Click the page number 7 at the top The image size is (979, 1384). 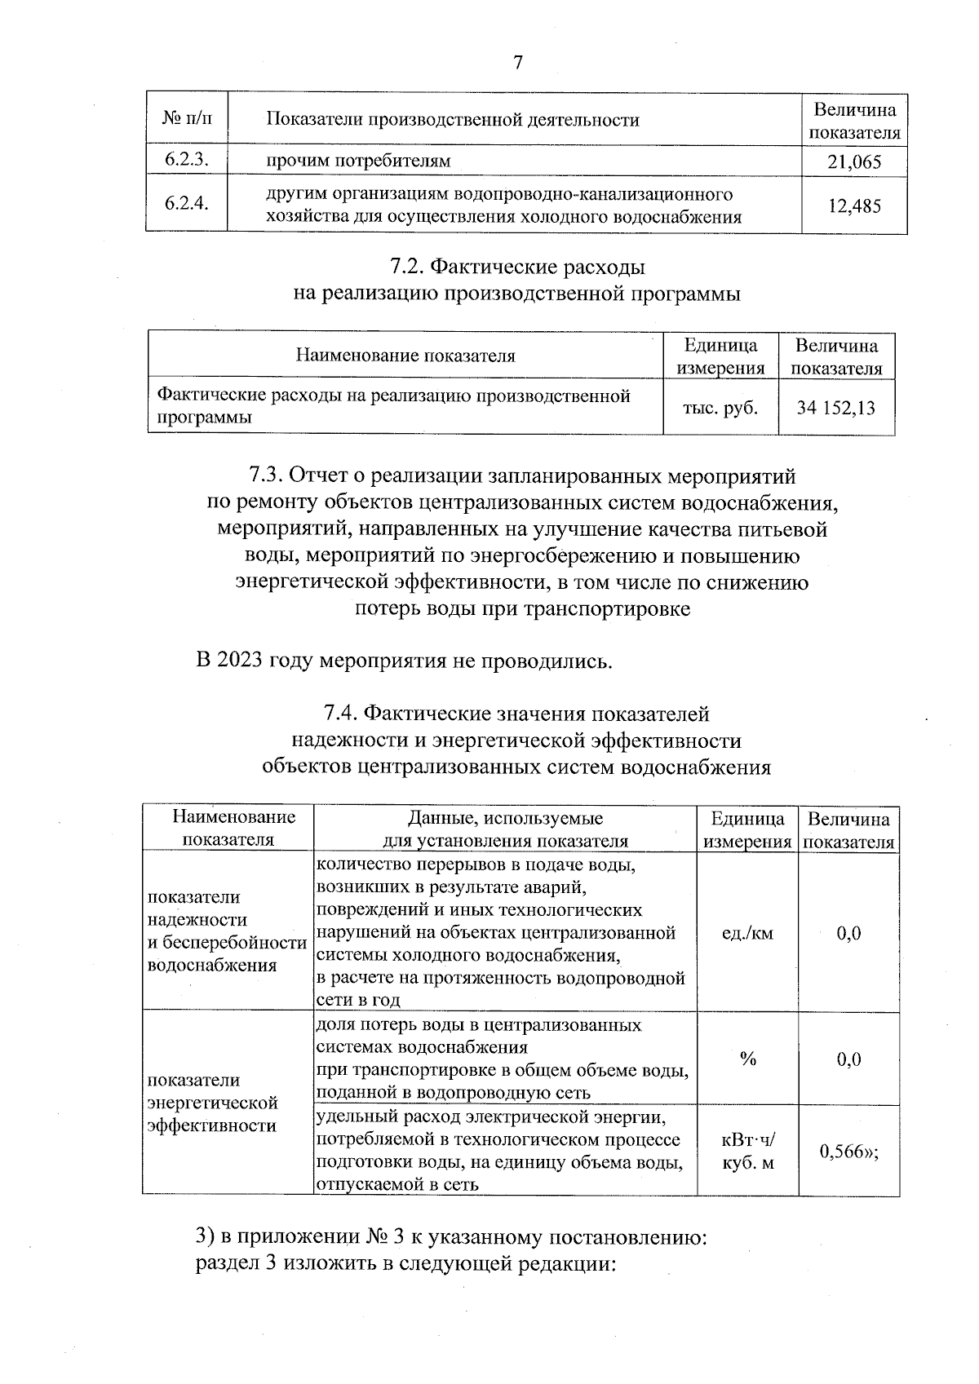[517, 63]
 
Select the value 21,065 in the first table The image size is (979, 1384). [853, 161]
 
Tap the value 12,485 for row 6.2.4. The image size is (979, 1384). [853, 206]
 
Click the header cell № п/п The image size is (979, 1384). [187, 120]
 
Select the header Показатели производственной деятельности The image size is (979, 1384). [453, 120]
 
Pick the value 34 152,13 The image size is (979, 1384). [835, 407]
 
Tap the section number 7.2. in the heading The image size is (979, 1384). [406, 267]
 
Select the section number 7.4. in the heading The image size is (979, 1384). [340, 714]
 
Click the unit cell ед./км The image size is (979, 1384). [746, 934]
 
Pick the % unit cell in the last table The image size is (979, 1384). [746, 1059]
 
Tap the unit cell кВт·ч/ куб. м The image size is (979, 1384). [746, 1151]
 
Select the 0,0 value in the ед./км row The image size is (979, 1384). [848, 934]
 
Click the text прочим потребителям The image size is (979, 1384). [359, 161]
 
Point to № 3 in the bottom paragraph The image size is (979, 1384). [386, 1237]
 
